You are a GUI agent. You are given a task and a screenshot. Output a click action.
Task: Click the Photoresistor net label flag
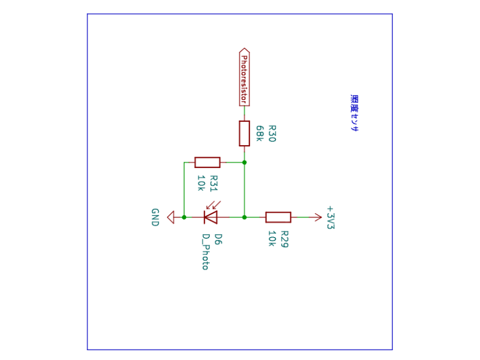244,77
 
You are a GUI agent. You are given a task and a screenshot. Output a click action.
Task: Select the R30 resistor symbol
244,133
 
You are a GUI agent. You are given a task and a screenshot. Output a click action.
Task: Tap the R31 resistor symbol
207,162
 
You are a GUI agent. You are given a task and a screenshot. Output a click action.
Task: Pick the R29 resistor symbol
278,217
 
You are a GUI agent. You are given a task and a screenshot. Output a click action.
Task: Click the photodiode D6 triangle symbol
210,217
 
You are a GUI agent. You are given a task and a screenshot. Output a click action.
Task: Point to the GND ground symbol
171,217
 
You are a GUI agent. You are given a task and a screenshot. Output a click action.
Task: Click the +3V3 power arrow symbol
316,217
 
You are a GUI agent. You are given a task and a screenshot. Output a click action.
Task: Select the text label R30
272,133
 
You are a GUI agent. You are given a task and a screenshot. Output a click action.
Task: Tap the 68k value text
260,133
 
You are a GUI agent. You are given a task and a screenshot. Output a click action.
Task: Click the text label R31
214,184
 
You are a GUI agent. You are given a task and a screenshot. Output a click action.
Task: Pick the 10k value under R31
201,183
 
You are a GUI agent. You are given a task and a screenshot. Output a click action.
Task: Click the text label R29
284,239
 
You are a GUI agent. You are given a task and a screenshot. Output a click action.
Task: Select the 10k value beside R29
272,239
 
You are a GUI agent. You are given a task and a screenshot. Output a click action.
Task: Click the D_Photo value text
205,252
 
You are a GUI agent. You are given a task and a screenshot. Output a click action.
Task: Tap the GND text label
155,218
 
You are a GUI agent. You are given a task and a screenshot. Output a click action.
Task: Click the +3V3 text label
331,218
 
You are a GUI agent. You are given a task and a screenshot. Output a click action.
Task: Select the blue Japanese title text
354,113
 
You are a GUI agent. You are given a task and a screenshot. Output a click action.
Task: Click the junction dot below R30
244,163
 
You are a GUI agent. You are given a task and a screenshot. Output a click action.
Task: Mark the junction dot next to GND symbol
184,218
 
